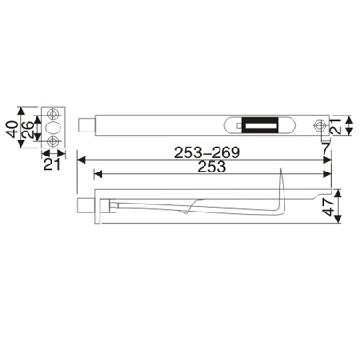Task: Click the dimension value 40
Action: pos(11,126)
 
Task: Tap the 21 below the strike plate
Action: pos(52,164)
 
